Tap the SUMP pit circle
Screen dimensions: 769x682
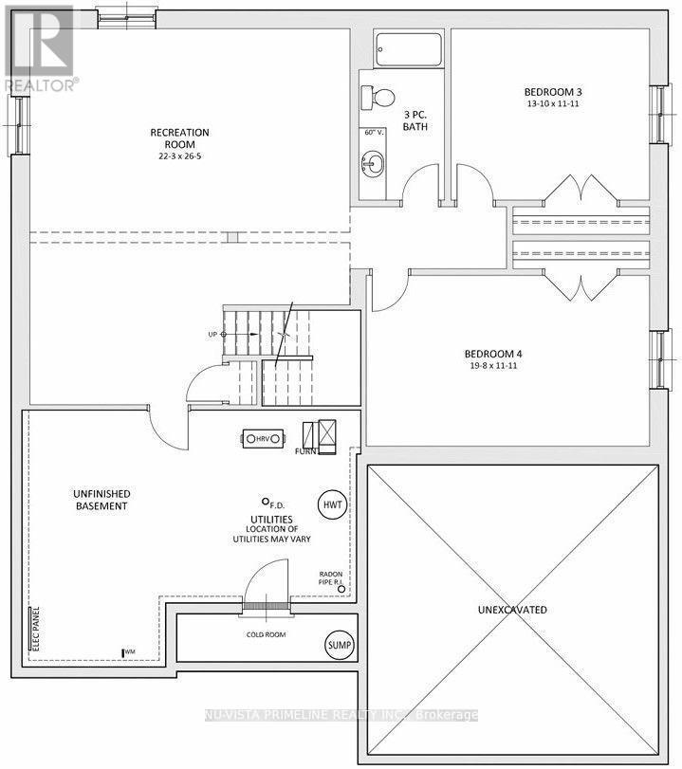(340, 646)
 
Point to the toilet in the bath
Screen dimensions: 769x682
(378, 97)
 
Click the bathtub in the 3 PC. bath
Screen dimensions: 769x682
(407, 49)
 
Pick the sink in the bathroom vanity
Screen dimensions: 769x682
(372, 163)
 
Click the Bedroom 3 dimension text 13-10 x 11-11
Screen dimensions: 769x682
(551, 103)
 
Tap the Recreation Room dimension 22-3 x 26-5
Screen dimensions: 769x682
(179, 145)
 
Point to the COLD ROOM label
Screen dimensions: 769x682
(265, 634)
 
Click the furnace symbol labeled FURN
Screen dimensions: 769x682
(320, 435)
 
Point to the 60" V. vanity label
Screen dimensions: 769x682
(373, 133)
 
